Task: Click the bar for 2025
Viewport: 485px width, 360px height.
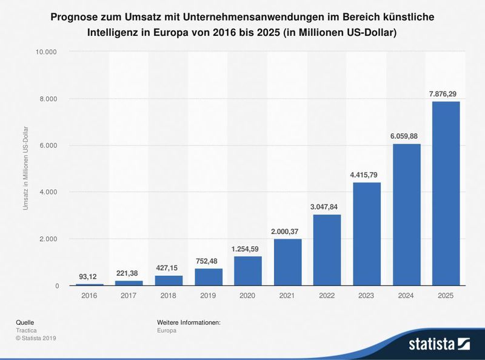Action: [x=446, y=193]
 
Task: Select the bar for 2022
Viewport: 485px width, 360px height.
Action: [x=327, y=250]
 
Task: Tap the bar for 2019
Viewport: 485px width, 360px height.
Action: [x=208, y=276]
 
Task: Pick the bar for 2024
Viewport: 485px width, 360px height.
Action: [x=406, y=215]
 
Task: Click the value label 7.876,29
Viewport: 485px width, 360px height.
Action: [x=446, y=93]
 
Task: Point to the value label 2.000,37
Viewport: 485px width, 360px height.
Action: [x=287, y=231]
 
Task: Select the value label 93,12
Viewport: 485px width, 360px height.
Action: [x=89, y=276]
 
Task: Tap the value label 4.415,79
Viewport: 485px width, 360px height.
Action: [x=366, y=175]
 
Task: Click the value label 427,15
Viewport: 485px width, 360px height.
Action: [x=169, y=268]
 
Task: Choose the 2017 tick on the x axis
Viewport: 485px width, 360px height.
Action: [x=129, y=296]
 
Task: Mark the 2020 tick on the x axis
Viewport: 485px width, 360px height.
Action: [x=247, y=296]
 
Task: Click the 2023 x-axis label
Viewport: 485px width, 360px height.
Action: [x=366, y=296]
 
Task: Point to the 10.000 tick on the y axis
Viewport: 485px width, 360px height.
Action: [x=46, y=52]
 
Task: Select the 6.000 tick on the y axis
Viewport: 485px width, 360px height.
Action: [x=48, y=145]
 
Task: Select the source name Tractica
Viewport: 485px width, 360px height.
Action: [x=27, y=330]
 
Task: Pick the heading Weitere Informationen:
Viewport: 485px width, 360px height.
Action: [x=189, y=322]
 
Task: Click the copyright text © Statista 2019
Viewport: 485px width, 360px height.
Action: [x=36, y=338]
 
